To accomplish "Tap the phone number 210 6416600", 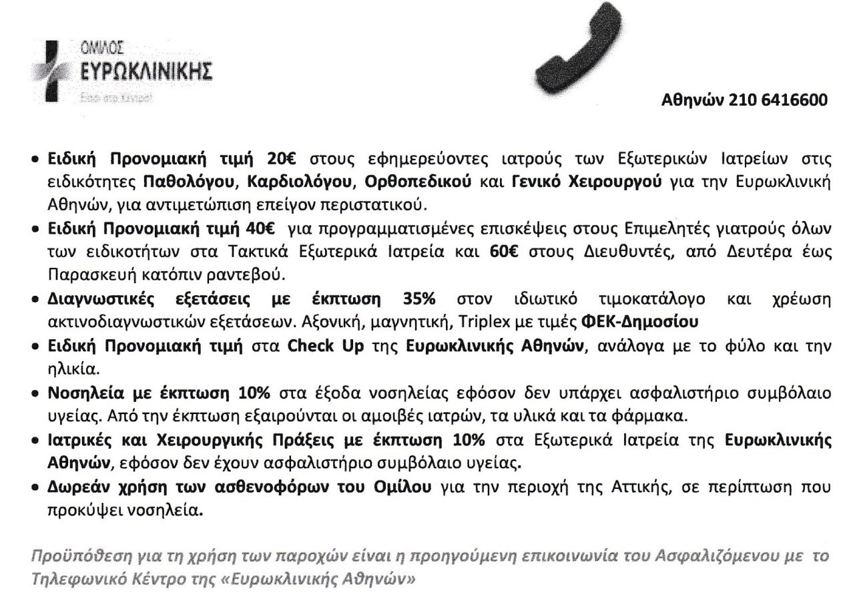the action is (778, 101).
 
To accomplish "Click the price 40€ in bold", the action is (261, 228).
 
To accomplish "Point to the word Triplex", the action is (475, 322).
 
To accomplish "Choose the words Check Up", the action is (326, 347).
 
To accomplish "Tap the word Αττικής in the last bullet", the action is (613, 487).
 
